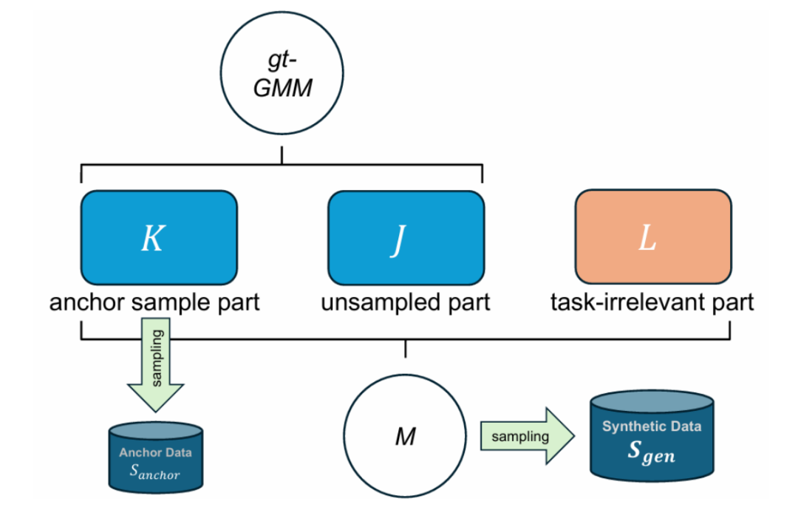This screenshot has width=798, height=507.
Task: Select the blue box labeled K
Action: tap(158, 237)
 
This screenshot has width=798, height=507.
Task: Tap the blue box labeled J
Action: tap(405, 237)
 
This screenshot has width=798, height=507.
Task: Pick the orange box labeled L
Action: tap(652, 237)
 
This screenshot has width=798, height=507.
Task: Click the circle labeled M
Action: tap(405, 435)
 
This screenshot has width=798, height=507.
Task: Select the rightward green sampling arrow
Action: tap(527, 436)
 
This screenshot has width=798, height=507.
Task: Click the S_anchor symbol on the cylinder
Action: tap(154, 471)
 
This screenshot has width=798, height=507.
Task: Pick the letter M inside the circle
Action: tap(404, 437)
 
